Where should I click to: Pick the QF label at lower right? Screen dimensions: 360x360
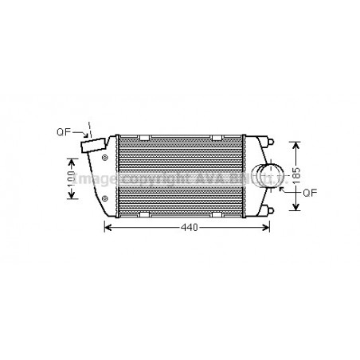(x=311, y=192)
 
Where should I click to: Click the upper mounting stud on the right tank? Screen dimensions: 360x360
(x=272, y=143)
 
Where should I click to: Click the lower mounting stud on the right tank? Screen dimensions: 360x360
(x=272, y=209)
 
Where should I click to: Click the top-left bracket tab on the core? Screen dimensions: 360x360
(x=144, y=139)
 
